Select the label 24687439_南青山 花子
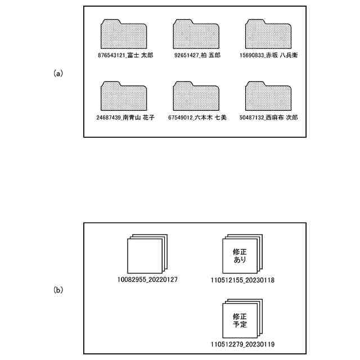[125, 118]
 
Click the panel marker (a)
[58, 73]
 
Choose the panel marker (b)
[58, 290]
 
